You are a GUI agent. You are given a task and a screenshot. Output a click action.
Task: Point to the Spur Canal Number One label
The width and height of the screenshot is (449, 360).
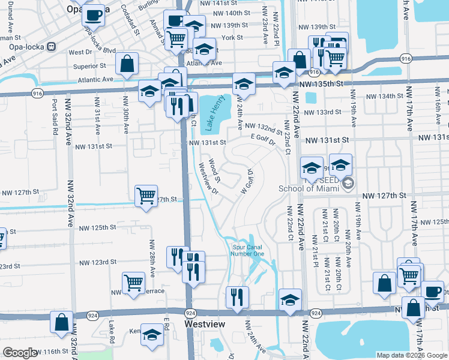(247, 250)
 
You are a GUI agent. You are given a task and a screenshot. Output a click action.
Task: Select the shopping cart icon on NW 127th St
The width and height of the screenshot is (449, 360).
(146, 195)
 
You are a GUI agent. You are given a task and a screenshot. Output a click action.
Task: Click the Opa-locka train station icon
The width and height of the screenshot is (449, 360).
(52, 47)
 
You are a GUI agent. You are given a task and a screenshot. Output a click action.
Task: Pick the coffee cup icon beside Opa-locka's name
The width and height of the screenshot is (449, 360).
(93, 14)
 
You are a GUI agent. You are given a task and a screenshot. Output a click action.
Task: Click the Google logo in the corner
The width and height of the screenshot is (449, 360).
(19, 353)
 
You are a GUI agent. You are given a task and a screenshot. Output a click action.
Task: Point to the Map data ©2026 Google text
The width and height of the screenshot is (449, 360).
(412, 355)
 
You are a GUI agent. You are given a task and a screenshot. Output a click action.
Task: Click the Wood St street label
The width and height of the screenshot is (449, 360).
(214, 170)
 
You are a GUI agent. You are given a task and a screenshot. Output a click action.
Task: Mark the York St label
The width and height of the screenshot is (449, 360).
(231, 37)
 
